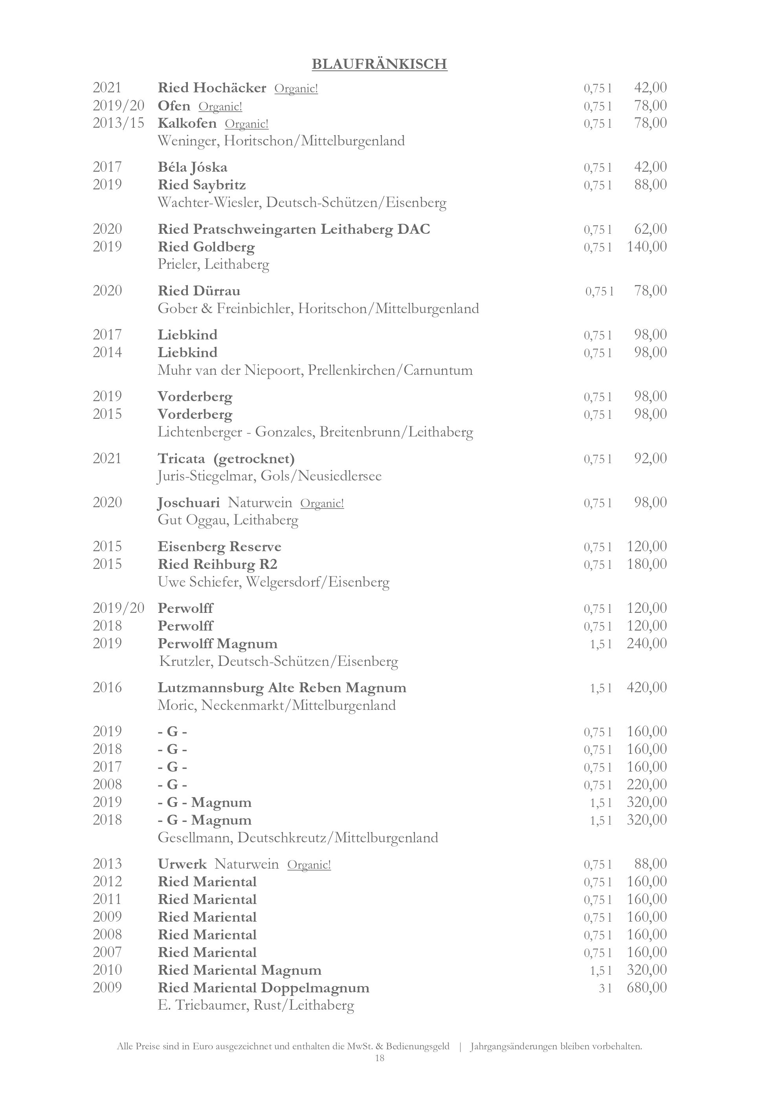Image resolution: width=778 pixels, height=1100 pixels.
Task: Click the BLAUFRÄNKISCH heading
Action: (380, 64)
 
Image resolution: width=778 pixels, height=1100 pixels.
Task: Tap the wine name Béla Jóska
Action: (192, 167)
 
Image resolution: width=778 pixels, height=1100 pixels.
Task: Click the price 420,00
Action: (647, 687)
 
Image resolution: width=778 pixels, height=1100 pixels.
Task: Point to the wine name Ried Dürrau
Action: (199, 291)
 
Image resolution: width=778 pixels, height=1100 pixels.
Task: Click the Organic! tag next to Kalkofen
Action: (246, 124)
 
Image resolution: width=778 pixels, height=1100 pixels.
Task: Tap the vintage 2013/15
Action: (118, 123)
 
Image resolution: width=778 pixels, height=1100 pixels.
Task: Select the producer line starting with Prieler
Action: (213, 264)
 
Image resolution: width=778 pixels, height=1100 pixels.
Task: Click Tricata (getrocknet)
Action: (226, 458)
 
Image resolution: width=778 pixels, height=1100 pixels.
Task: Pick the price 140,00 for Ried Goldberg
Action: (647, 247)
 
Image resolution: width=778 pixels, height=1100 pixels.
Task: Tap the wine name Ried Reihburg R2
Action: (218, 564)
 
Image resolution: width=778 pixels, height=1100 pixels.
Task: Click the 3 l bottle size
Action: (605, 988)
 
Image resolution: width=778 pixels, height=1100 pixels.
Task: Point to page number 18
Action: (380, 1058)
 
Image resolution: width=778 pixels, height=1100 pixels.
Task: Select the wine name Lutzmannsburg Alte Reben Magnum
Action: (282, 688)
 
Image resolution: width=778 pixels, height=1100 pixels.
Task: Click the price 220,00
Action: (647, 784)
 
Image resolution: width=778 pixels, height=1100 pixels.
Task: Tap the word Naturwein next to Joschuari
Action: (260, 502)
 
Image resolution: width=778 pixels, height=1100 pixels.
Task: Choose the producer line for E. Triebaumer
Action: (256, 1005)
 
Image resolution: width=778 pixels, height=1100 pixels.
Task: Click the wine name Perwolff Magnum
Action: (218, 643)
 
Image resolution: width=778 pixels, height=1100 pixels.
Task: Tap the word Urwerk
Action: (182, 864)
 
